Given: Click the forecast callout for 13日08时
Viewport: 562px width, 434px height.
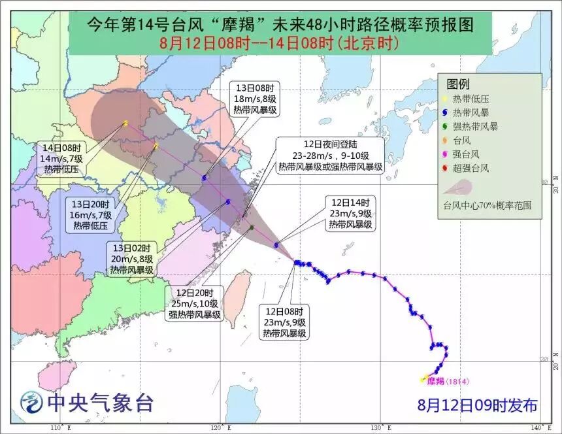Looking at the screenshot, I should coord(258,99).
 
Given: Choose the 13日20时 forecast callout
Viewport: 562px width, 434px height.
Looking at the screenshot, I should coord(92,214).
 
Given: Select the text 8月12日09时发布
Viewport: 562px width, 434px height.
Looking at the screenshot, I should coord(478,406).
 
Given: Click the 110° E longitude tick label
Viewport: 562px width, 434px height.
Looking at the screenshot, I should coord(59,428).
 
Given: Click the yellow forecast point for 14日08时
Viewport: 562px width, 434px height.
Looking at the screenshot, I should coord(125,122).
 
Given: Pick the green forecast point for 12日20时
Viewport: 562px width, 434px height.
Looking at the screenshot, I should coord(252,227).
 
